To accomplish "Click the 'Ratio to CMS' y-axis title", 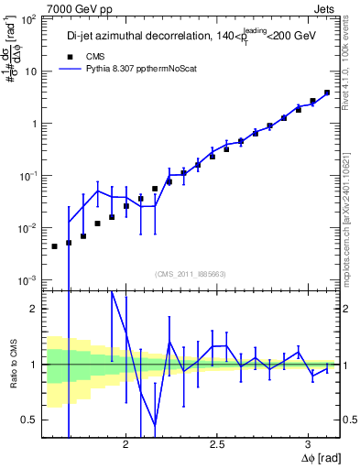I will [x=12, y=365].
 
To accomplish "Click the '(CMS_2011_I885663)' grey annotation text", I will [x=189, y=272].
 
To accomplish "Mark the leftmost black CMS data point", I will [x=54, y=246].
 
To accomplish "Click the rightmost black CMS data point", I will [x=327, y=93].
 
